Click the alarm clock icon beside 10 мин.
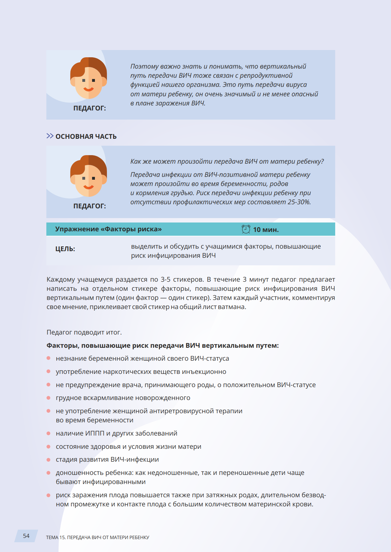point(246,229)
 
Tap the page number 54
point(26,536)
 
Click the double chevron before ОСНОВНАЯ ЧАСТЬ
point(50,136)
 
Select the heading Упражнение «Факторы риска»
point(108,229)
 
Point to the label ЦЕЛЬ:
point(65,249)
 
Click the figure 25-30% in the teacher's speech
point(299,202)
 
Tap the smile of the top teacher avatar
point(89,89)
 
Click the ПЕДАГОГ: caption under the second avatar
point(90,206)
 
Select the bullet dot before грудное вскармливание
point(49,398)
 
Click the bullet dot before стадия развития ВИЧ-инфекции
point(49,459)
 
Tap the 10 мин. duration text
point(266,230)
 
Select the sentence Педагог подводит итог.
point(84,332)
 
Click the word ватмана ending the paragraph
point(232,307)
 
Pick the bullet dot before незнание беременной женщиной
point(49,358)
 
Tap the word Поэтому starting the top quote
point(144,66)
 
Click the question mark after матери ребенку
point(322,161)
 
